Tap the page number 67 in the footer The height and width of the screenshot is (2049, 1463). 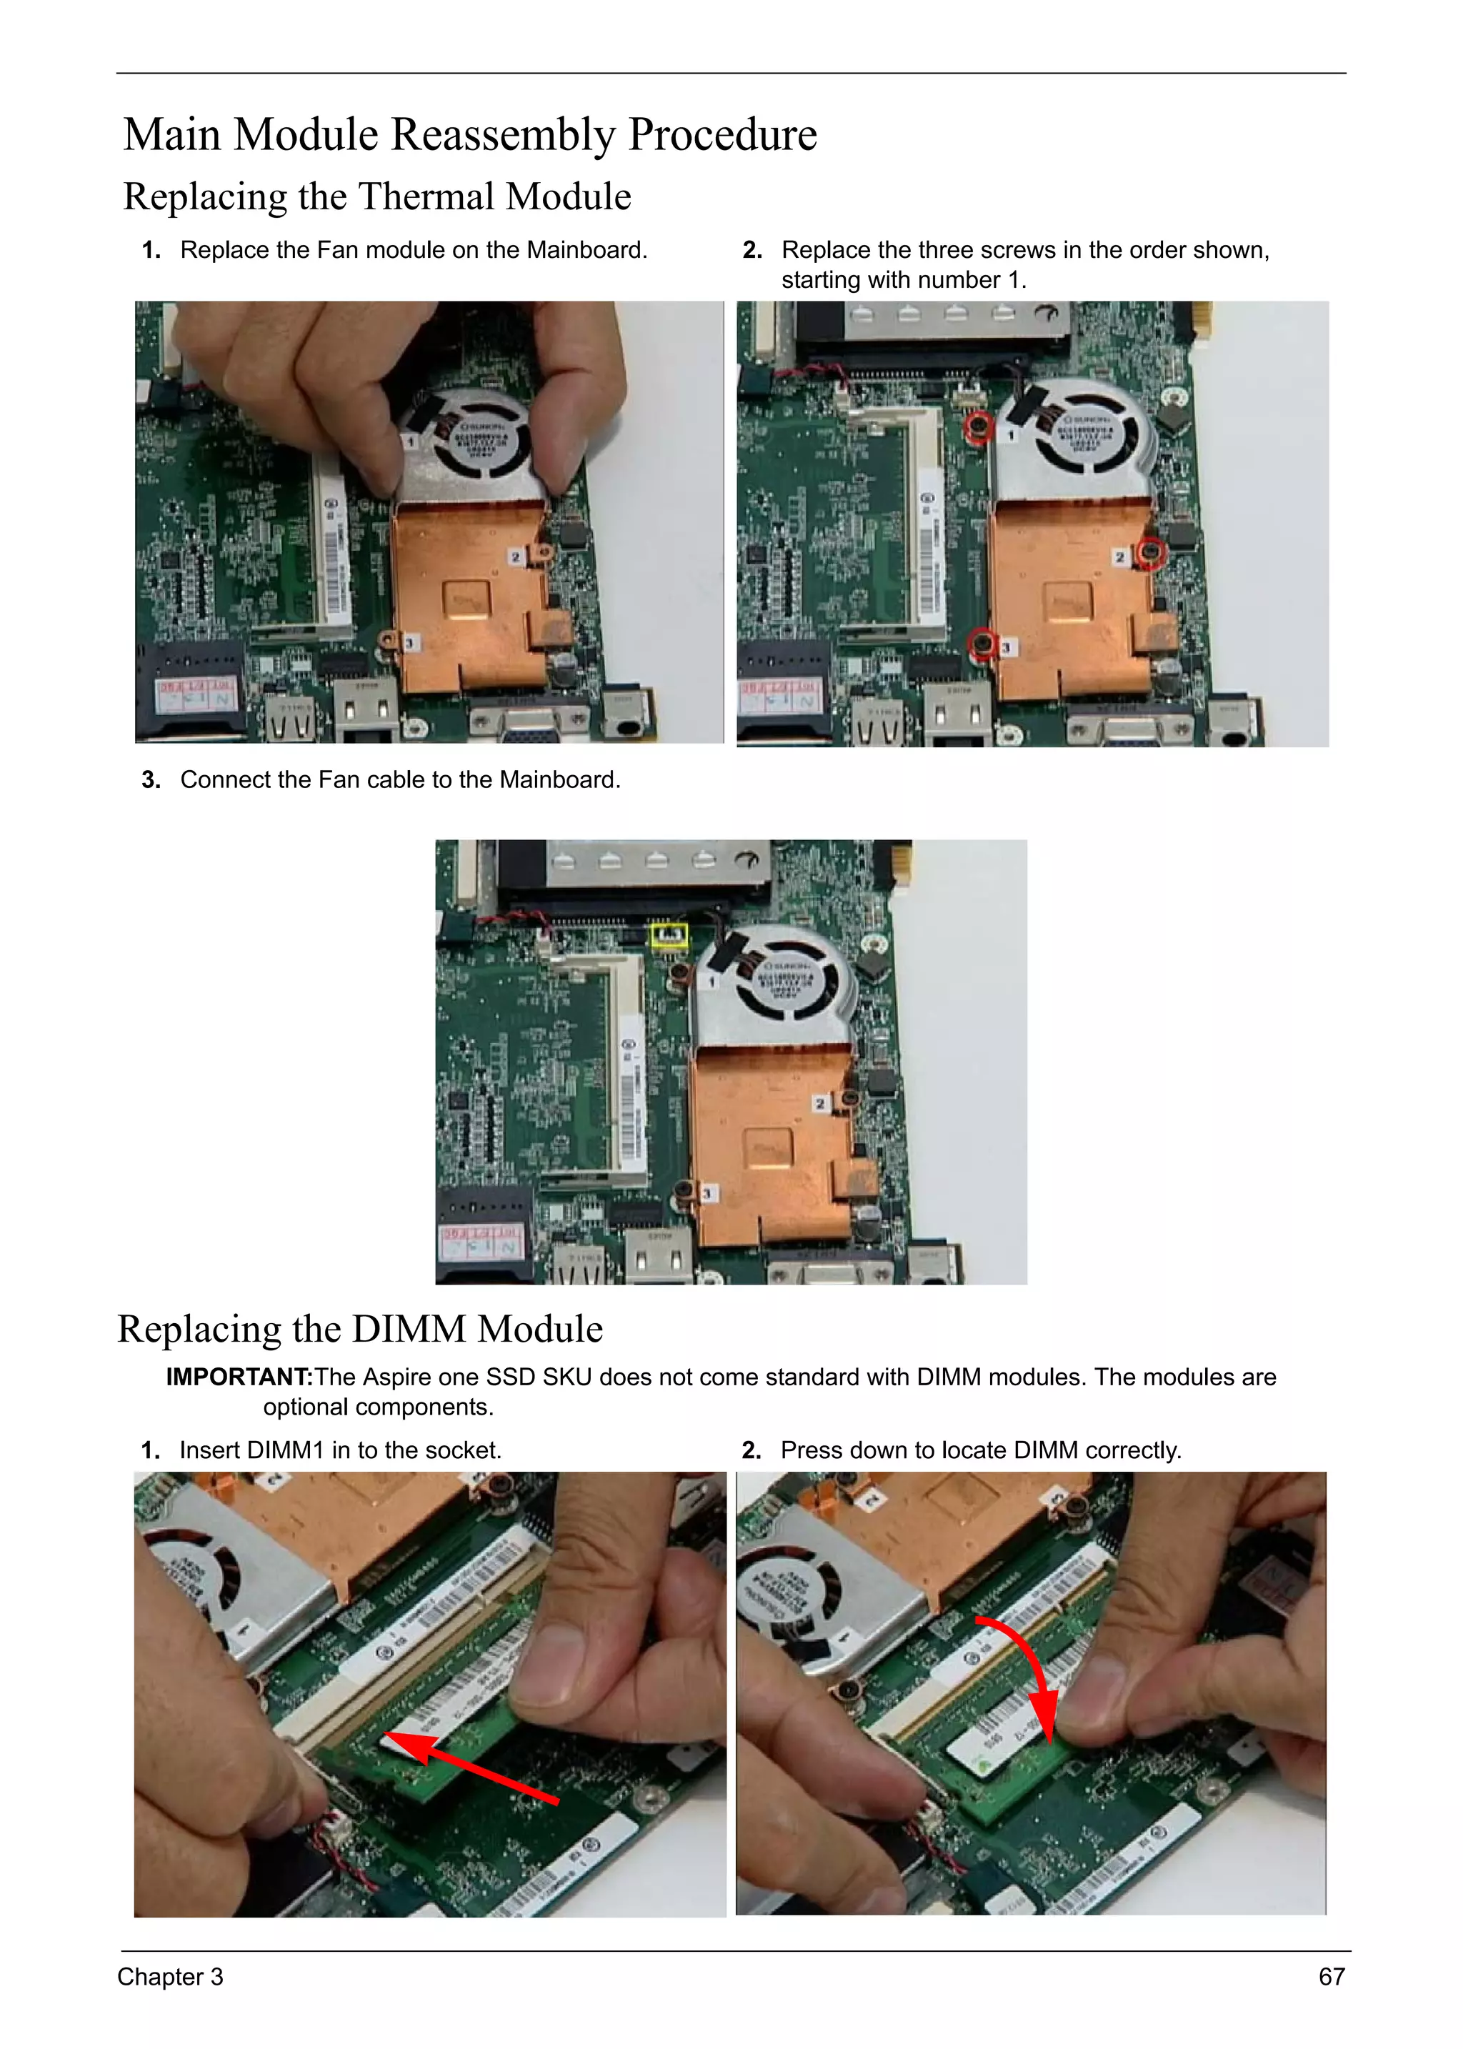[x=1331, y=1976]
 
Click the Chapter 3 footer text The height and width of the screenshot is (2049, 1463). [x=169, y=1976]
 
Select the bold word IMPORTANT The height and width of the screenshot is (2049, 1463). [x=239, y=1376]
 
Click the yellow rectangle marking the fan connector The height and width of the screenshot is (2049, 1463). [x=669, y=935]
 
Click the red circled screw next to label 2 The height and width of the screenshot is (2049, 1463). [x=1150, y=552]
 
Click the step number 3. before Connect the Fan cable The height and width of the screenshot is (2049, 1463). [x=151, y=780]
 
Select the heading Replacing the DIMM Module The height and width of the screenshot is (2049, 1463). [x=359, y=1329]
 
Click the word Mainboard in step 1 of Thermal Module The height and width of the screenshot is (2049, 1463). [x=586, y=251]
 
